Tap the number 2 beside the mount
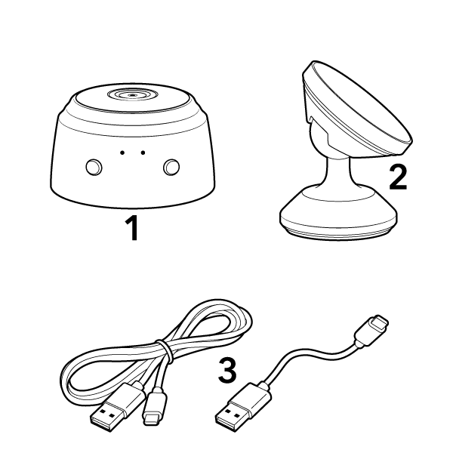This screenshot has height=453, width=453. [397, 177]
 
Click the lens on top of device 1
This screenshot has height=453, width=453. [131, 96]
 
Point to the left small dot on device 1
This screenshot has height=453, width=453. [121, 153]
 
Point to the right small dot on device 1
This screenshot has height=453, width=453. [142, 153]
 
